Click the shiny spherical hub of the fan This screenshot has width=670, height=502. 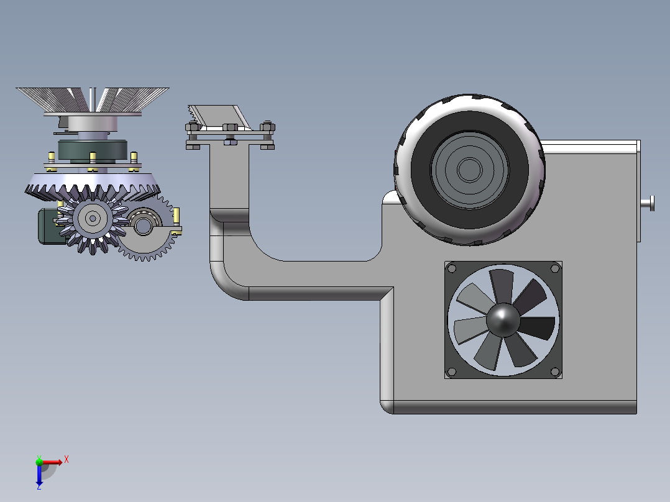click(503, 320)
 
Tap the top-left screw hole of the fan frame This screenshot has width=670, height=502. click(452, 269)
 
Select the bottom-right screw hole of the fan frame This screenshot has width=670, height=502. click(555, 372)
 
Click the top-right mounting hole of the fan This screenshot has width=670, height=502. click(555, 269)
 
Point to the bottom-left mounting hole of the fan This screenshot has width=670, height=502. click(452, 372)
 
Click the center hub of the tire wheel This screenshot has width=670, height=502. click(470, 170)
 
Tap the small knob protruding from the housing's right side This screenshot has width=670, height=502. click(648, 203)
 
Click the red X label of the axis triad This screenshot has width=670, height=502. click(67, 460)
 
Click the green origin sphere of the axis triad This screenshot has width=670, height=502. click(39, 462)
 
